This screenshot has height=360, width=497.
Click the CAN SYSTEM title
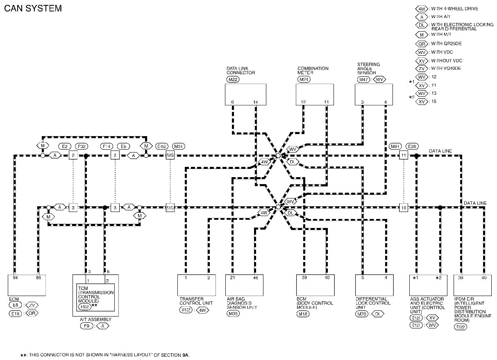[33, 8]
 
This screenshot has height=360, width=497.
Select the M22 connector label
[232, 79]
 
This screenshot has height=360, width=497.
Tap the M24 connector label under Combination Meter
[304, 79]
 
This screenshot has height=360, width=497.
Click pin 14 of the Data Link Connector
[256, 102]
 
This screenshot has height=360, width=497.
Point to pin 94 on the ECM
[15, 278]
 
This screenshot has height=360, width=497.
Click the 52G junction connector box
[170, 155]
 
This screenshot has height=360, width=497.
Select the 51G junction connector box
[170, 207]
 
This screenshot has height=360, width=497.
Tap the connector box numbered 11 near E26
[404, 155]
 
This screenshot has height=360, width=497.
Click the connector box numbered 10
[404, 207]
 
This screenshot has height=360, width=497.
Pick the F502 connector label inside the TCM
[84, 306]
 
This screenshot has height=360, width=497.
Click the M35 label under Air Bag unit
[232, 314]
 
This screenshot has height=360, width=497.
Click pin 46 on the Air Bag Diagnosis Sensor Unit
[256, 278]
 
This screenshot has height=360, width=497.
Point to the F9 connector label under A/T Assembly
[86, 326]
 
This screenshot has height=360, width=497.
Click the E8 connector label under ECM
[15, 305]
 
